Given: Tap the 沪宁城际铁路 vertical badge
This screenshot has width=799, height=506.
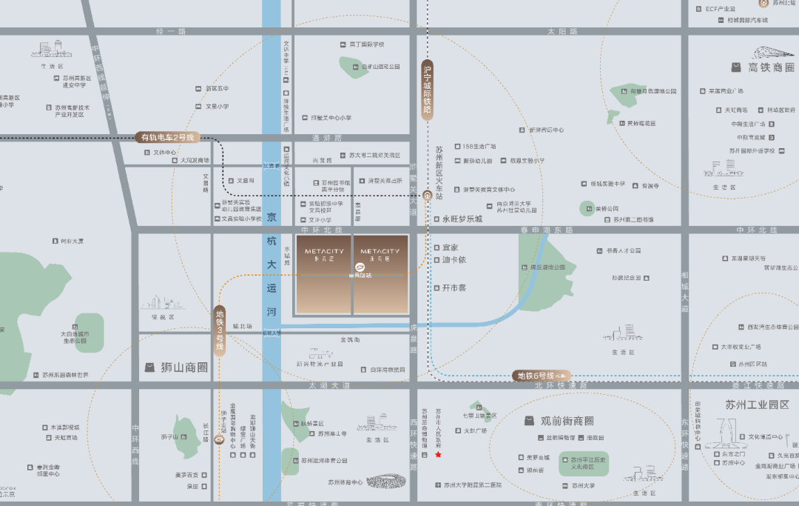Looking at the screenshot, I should click(x=427, y=90).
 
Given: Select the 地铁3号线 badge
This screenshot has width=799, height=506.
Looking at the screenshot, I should click(x=220, y=330).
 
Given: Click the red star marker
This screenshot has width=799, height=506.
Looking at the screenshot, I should click(x=438, y=455).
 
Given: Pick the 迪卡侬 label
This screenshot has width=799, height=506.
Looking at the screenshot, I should click(x=454, y=259).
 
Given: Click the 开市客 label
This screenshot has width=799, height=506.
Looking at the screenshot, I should click(x=454, y=287).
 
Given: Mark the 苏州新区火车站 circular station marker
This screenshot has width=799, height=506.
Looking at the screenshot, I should click(x=427, y=196).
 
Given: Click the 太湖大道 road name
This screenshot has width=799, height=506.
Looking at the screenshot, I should click(x=330, y=385).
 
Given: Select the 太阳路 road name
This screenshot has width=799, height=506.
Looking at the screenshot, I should click(x=562, y=32).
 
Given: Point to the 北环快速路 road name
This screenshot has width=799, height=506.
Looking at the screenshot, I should click(x=560, y=385).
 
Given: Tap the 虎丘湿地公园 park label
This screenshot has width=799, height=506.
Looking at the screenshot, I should click(x=548, y=267).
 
